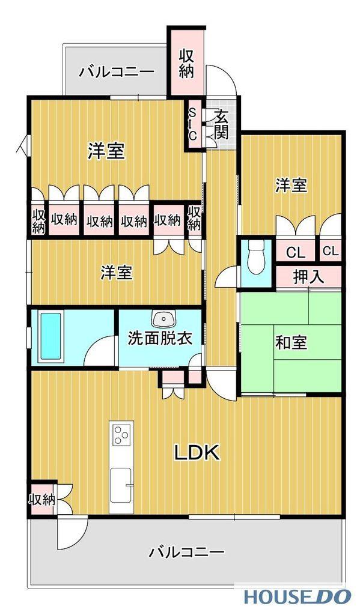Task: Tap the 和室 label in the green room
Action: coord(291,343)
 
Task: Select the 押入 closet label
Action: coord(308,277)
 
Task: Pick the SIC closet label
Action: coord(192,124)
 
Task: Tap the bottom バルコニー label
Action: coord(187,551)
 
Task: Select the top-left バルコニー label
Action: coord(117,72)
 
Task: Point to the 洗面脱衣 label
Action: coord(160,339)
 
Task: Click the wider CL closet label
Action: coord(295,252)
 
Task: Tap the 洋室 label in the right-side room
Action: coord(291,186)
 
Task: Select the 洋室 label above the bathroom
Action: coord(116,273)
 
